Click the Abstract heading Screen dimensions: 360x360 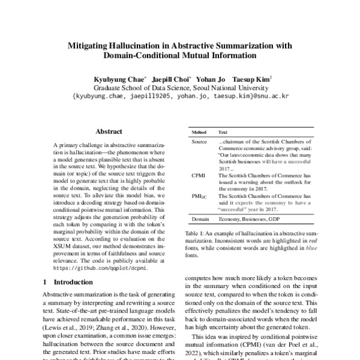pos(109,131)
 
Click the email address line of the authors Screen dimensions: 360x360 pos(180,95)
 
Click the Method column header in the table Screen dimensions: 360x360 pos(199,131)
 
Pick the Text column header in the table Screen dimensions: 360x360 pos(223,131)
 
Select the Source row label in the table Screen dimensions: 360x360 pos(199,142)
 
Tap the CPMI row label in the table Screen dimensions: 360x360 pos(198,175)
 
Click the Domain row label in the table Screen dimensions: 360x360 pos(200,220)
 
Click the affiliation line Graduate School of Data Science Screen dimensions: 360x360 pos(180,87)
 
